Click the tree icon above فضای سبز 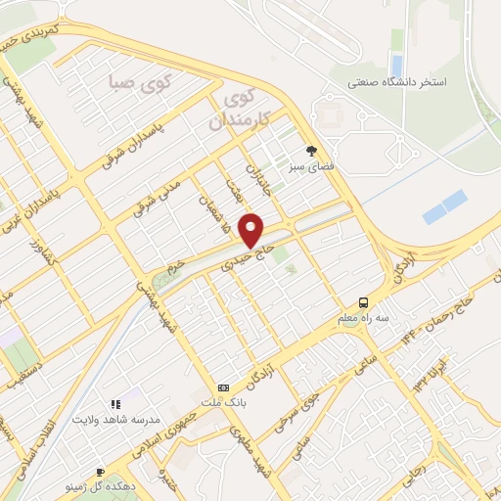pyautogui.click(x=311, y=151)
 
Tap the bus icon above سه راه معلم pyautogui.click(x=364, y=301)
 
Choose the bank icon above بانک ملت pyautogui.click(x=224, y=387)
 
